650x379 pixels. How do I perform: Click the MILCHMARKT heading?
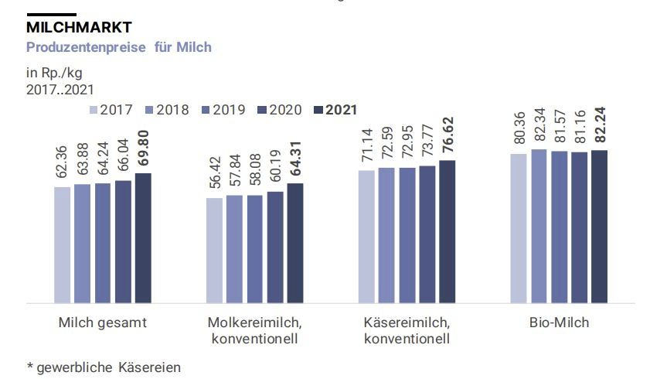click(79, 27)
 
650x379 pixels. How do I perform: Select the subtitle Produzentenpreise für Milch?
click(118, 47)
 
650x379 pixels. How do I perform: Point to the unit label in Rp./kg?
click(53, 73)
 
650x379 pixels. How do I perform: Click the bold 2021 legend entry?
click(335, 110)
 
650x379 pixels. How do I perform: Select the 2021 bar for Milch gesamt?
click(143, 238)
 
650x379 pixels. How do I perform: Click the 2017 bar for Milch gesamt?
click(62, 245)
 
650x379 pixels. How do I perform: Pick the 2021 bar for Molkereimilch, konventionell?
click(295, 244)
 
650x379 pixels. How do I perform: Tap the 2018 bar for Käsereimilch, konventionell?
click(386, 235)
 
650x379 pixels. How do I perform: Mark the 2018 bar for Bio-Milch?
click(539, 226)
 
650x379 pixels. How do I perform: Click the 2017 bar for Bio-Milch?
click(519, 228)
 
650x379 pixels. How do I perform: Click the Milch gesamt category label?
click(102, 323)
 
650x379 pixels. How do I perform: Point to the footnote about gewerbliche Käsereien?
click(104, 367)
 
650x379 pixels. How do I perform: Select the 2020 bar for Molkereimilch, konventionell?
click(275, 248)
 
